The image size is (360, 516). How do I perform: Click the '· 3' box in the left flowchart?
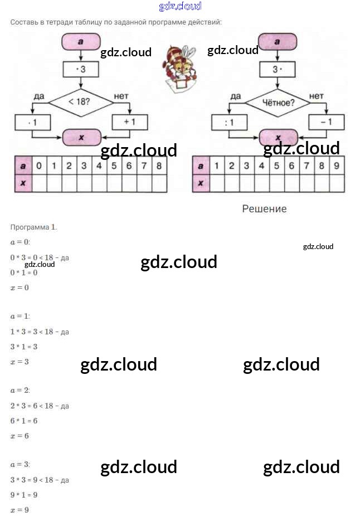81,70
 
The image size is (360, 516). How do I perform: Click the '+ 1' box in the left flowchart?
130,121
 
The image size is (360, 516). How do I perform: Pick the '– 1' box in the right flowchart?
326,121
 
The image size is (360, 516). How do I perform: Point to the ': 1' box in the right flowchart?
229,122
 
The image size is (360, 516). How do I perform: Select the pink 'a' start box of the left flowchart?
81,41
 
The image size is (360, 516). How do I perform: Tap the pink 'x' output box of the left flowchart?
81,137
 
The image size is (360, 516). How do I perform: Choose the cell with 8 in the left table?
159,165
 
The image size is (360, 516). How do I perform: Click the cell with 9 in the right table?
336,165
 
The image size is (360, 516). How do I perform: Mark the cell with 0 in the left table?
38,165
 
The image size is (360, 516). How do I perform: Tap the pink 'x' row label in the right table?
201,183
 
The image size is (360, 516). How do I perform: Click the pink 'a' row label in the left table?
23,165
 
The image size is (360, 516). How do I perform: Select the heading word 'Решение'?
264,209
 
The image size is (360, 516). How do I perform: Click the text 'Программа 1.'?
34,227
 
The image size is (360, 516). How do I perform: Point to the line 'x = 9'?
20,509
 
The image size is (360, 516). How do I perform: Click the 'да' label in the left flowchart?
38,96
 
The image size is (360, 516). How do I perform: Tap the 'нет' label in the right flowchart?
316,96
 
